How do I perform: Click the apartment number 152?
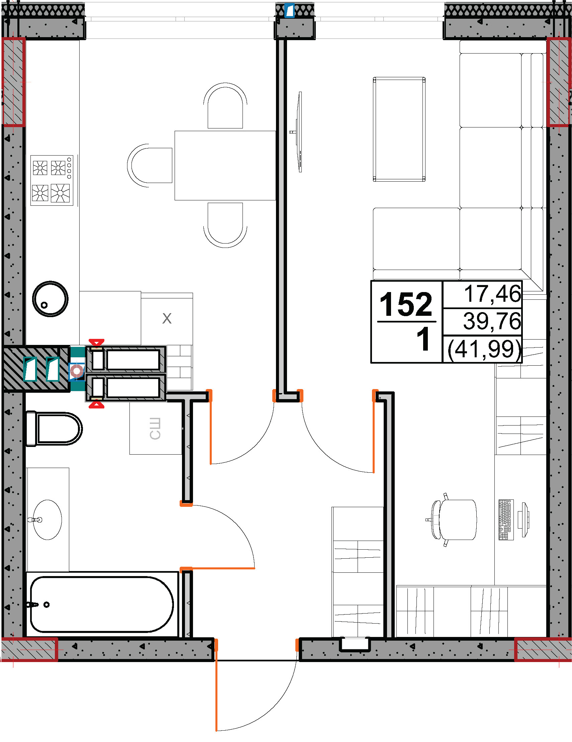coord(406,304)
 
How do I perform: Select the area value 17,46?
coord(492,294)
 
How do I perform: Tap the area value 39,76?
coord(492,321)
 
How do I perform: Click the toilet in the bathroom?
coord(54,429)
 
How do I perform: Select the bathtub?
coord(102,605)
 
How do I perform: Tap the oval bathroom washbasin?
coord(47,520)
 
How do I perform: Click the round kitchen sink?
coord(50,299)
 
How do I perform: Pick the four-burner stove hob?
coord(52,180)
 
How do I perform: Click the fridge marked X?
coord(167,319)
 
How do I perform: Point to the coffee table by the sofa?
coord(399,129)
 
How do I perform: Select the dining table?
coord(225,166)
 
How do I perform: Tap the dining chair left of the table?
coord(150,166)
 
